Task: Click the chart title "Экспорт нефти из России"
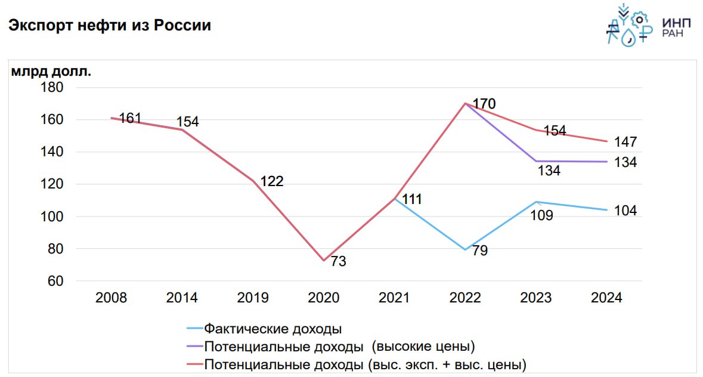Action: (x=109, y=26)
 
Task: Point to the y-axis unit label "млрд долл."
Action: (x=51, y=72)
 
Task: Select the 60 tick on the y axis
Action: (x=55, y=281)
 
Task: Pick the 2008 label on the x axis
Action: (x=111, y=298)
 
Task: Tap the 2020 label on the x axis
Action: (x=323, y=298)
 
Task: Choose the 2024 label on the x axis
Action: (x=606, y=298)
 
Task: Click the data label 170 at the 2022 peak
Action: (x=484, y=104)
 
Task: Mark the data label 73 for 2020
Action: (x=338, y=261)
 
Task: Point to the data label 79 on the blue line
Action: (x=479, y=251)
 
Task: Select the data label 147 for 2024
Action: (x=625, y=142)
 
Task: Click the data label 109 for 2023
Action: (x=542, y=215)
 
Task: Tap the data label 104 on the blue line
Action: (x=625, y=211)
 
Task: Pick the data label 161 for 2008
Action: (x=130, y=118)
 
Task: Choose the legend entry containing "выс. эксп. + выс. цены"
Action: (x=365, y=364)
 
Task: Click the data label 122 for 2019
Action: (x=271, y=181)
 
